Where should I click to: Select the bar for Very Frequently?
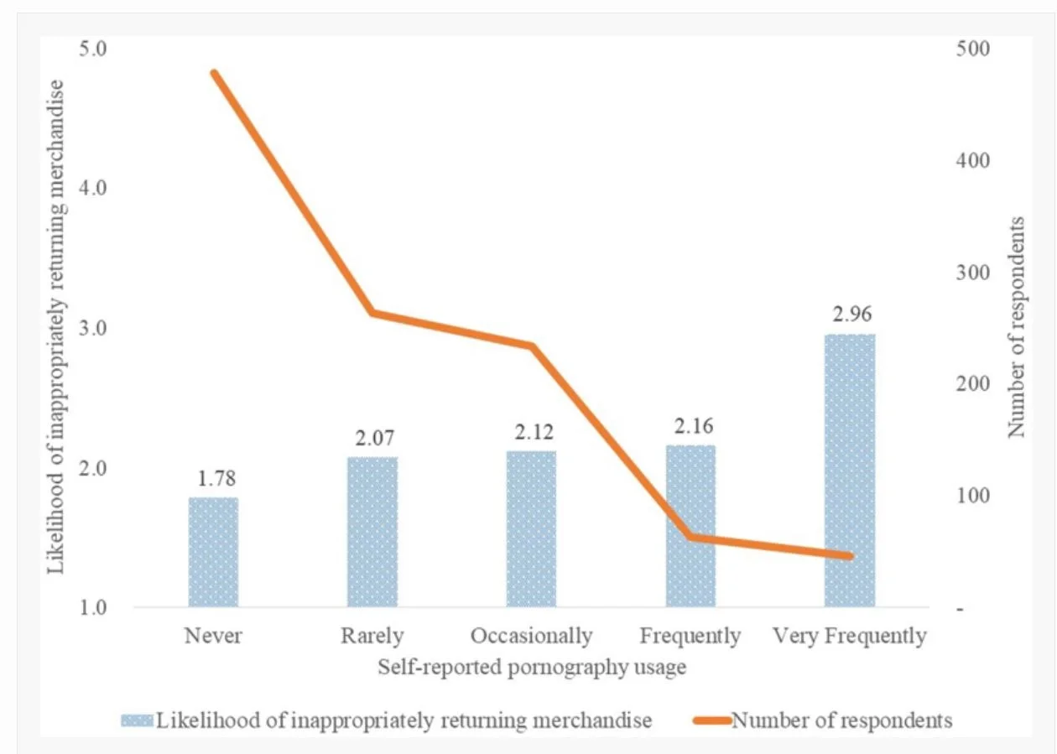click(850, 470)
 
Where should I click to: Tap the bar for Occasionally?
click(531, 528)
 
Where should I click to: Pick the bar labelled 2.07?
click(372, 532)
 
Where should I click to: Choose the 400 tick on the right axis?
click(971, 160)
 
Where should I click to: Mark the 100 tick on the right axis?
click(971, 496)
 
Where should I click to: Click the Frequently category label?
click(690, 636)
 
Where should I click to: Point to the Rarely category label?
click(372, 636)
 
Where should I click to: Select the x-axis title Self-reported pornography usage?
click(533, 668)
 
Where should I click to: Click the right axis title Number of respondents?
click(1017, 327)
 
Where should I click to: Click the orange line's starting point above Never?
click(214, 73)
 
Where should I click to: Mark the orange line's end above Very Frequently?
click(850, 556)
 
